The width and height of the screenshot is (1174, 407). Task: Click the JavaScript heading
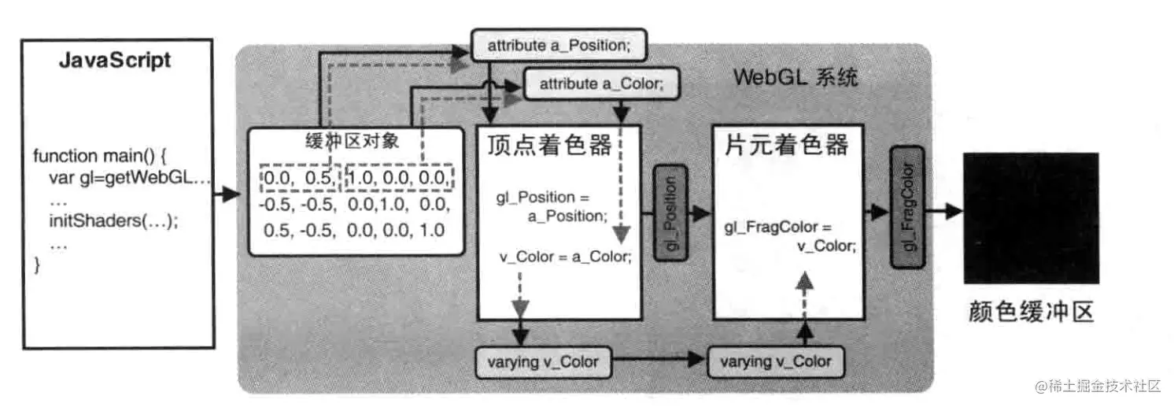[115, 61]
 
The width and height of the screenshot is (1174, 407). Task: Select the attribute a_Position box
[558, 45]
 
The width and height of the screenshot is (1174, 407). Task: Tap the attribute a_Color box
[603, 84]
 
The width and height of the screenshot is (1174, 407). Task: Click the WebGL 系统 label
[795, 79]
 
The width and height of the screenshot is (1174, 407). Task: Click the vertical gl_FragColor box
[907, 207]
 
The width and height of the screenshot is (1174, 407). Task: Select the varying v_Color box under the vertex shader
[543, 362]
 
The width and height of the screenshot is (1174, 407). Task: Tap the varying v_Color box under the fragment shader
[776, 362]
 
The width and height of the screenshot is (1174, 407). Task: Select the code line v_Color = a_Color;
[564, 257]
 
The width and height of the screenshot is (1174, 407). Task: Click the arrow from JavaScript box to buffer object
[227, 194]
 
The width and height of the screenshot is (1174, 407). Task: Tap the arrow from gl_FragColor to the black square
[942, 210]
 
